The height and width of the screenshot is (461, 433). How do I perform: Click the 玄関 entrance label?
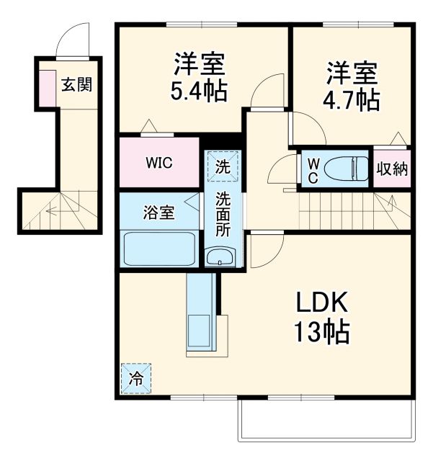tap(76, 85)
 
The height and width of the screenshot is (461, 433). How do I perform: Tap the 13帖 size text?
tap(321, 332)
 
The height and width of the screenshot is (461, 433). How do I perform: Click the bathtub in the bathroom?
tap(160, 249)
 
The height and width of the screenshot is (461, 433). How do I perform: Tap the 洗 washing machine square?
tap(221, 166)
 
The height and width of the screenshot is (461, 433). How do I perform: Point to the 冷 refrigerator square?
tap(136, 377)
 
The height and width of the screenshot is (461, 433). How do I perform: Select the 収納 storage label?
tap(392, 170)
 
